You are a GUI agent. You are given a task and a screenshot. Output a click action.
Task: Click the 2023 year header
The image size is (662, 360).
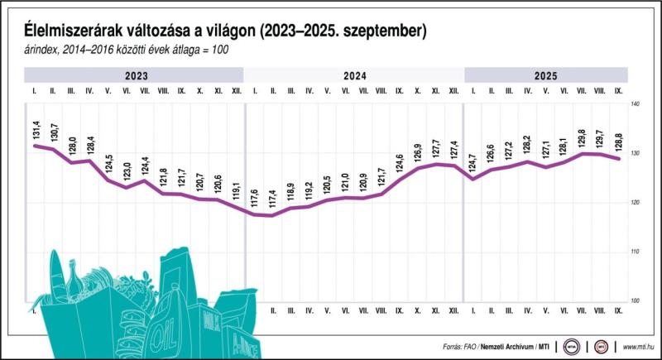pos(137,75)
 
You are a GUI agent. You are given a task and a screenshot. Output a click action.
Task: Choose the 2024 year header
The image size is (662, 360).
pos(354,75)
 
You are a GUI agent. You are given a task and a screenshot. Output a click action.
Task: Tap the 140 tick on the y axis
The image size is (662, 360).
pos(636,105)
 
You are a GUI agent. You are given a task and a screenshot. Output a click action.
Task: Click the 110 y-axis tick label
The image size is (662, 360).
pos(636,252)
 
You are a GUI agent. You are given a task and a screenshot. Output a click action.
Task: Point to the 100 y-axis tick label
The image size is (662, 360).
pos(636,300)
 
